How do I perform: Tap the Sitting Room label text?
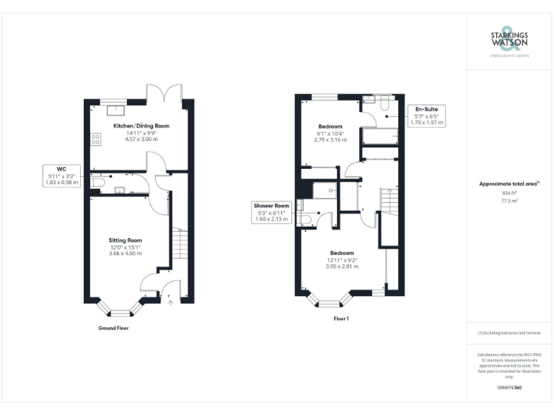125,240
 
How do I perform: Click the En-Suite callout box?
426,116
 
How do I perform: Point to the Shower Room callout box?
271,212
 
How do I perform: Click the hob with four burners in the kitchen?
94,139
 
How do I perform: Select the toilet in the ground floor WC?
97,185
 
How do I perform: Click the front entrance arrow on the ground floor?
170,303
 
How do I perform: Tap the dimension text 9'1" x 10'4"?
330,133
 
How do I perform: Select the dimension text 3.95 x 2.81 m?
341,266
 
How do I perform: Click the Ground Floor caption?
114,328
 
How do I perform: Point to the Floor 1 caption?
341,318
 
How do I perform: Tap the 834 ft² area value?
509,194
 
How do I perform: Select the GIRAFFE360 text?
509,389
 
